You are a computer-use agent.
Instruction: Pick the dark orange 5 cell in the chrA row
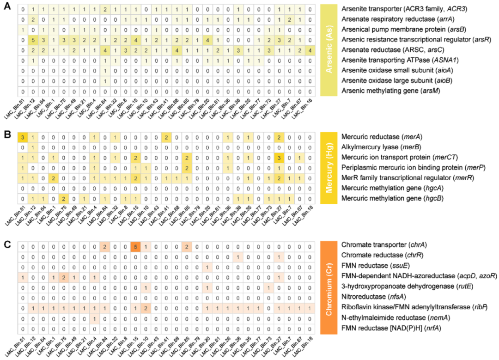click(x=135, y=246)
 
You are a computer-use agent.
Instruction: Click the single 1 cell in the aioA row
click(x=104, y=70)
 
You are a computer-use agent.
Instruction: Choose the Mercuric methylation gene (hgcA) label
click(x=390, y=188)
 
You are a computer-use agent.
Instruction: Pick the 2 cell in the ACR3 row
click(x=104, y=9)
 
